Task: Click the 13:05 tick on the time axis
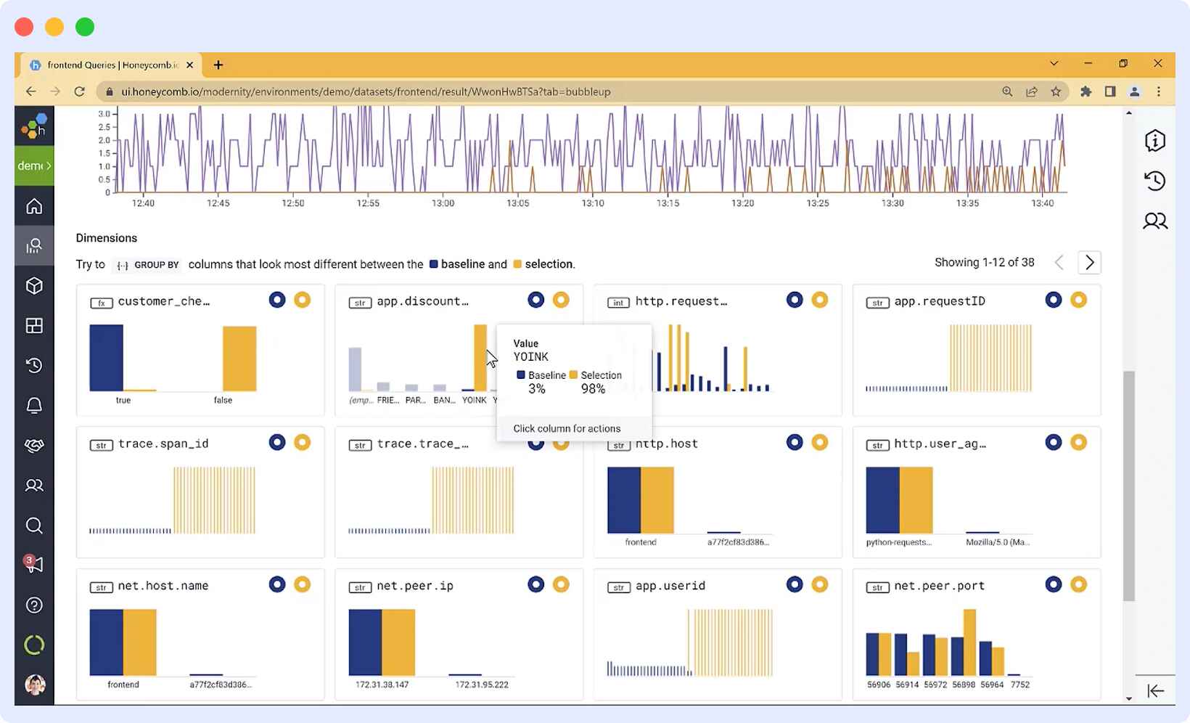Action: [x=517, y=203]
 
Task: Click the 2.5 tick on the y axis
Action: [x=104, y=127]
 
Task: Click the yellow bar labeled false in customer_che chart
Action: [x=239, y=359]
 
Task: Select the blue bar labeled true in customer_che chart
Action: [x=106, y=358]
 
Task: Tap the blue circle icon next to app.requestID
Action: [x=1053, y=300]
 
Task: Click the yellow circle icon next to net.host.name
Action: [x=302, y=584]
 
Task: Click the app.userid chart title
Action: [x=670, y=586]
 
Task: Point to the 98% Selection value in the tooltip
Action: [x=593, y=389]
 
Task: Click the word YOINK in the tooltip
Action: [x=530, y=357]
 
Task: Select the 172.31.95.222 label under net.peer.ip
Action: [x=481, y=685]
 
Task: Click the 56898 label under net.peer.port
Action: [x=964, y=685]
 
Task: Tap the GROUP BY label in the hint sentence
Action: [x=156, y=265]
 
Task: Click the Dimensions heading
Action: [x=106, y=238]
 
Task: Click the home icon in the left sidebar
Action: [x=34, y=206]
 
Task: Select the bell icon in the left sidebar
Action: [x=34, y=405]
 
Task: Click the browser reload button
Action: [x=80, y=91]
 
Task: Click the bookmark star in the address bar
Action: [x=1056, y=91]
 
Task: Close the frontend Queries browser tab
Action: [x=189, y=65]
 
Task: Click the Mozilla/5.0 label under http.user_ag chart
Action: [x=997, y=542]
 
